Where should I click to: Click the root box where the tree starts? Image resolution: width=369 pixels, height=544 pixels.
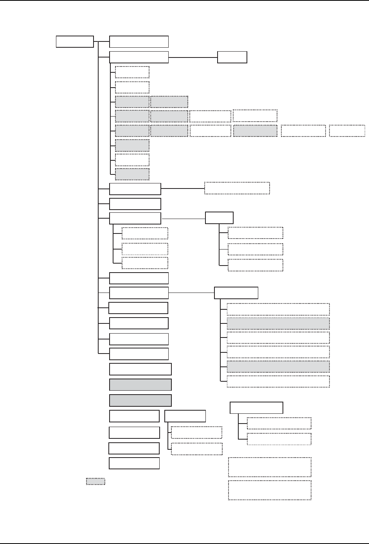pyautogui.click(x=75, y=41)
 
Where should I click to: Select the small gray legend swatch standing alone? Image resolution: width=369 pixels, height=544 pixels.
pyautogui.click(x=95, y=481)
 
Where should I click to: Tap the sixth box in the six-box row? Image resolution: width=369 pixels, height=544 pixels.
pyautogui.click(x=347, y=131)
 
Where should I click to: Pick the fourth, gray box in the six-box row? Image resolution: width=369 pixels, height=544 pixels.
pyautogui.click(x=256, y=131)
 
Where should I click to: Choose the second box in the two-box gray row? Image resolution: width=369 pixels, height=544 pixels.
pyautogui.click(x=169, y=102)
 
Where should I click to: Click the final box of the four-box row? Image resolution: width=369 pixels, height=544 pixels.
pyautogui.click(x=255, y=116)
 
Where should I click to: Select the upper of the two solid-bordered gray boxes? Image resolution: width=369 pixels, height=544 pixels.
pyautogui.click(x=140, y=384)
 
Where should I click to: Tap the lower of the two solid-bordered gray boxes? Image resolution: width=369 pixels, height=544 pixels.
pyautogui.click(x=140, y=400)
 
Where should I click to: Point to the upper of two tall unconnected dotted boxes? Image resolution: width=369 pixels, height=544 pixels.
pyautogui.click(x=270, y=467)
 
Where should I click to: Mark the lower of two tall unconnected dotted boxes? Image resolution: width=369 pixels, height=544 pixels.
pyautogui.click(x=270, y=490)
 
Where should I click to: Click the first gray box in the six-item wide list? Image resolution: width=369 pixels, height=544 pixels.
pyautogui.click(x=278, y=323)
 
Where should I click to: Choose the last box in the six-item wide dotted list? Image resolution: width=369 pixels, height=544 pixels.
pyautogui.click(x=278, y=381)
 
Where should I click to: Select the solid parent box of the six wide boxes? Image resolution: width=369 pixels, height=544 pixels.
pyautogui.click(x=236, y=293)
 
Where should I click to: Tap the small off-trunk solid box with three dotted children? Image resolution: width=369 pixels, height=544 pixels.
pyautogui.click(x=219, y=217)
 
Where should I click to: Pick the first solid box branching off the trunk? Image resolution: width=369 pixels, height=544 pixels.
pyautogui.click(x=139, y=41)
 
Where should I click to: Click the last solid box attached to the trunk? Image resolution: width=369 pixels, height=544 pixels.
pyautogui.click(x=139, y=354)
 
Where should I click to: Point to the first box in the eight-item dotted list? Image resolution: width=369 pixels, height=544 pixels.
pyautogui.click(x=132, y=72)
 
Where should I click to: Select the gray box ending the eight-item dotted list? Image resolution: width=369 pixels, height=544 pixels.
pyautogui.click(x=132, y=174)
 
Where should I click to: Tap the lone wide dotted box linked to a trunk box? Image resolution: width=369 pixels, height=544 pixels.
pyautogui.click(x=237, y=188)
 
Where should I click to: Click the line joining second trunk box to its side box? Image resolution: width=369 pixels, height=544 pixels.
pyautogui.click(x=193, y=57)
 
